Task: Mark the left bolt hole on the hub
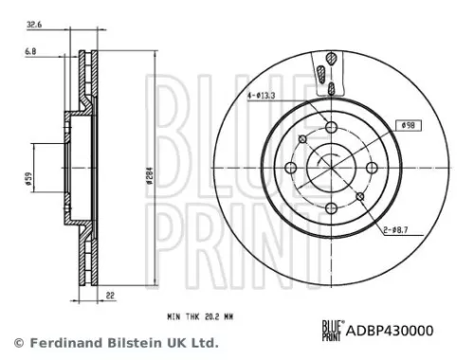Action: pyautogui.click(x=288, y=171)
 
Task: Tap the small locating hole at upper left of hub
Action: pyautogui.click(x=301, y=141)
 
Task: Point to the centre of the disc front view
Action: pyautogui.click(x=329, y=171)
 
